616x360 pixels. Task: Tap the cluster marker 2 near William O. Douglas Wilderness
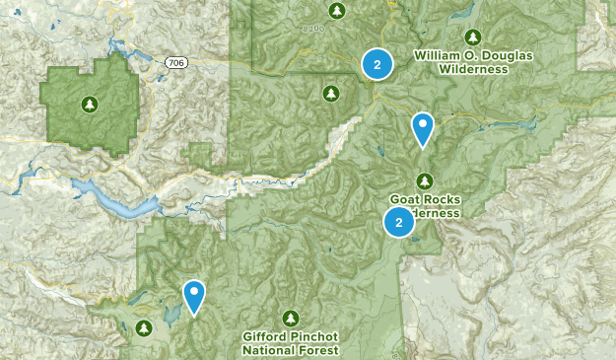[x=376, y=64]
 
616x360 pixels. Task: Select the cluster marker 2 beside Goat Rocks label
[x=399, y=223]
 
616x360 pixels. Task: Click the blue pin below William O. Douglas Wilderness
[x=422, y=127]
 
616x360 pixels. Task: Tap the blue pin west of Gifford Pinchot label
[x=194, y=295]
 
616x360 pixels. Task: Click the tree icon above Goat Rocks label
[x=425, y=180]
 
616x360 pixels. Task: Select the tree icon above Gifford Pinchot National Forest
[x=291, y=318]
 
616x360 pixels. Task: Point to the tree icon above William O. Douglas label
[x=471, y=36]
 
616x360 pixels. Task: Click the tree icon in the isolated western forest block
[x=90, y=103]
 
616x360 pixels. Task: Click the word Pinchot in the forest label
[x=316, y=336]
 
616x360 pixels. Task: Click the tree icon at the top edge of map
[x=337, y=10]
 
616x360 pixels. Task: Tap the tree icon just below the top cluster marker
[x=330, y=93]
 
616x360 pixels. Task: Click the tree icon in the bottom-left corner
[x=145, y=327]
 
